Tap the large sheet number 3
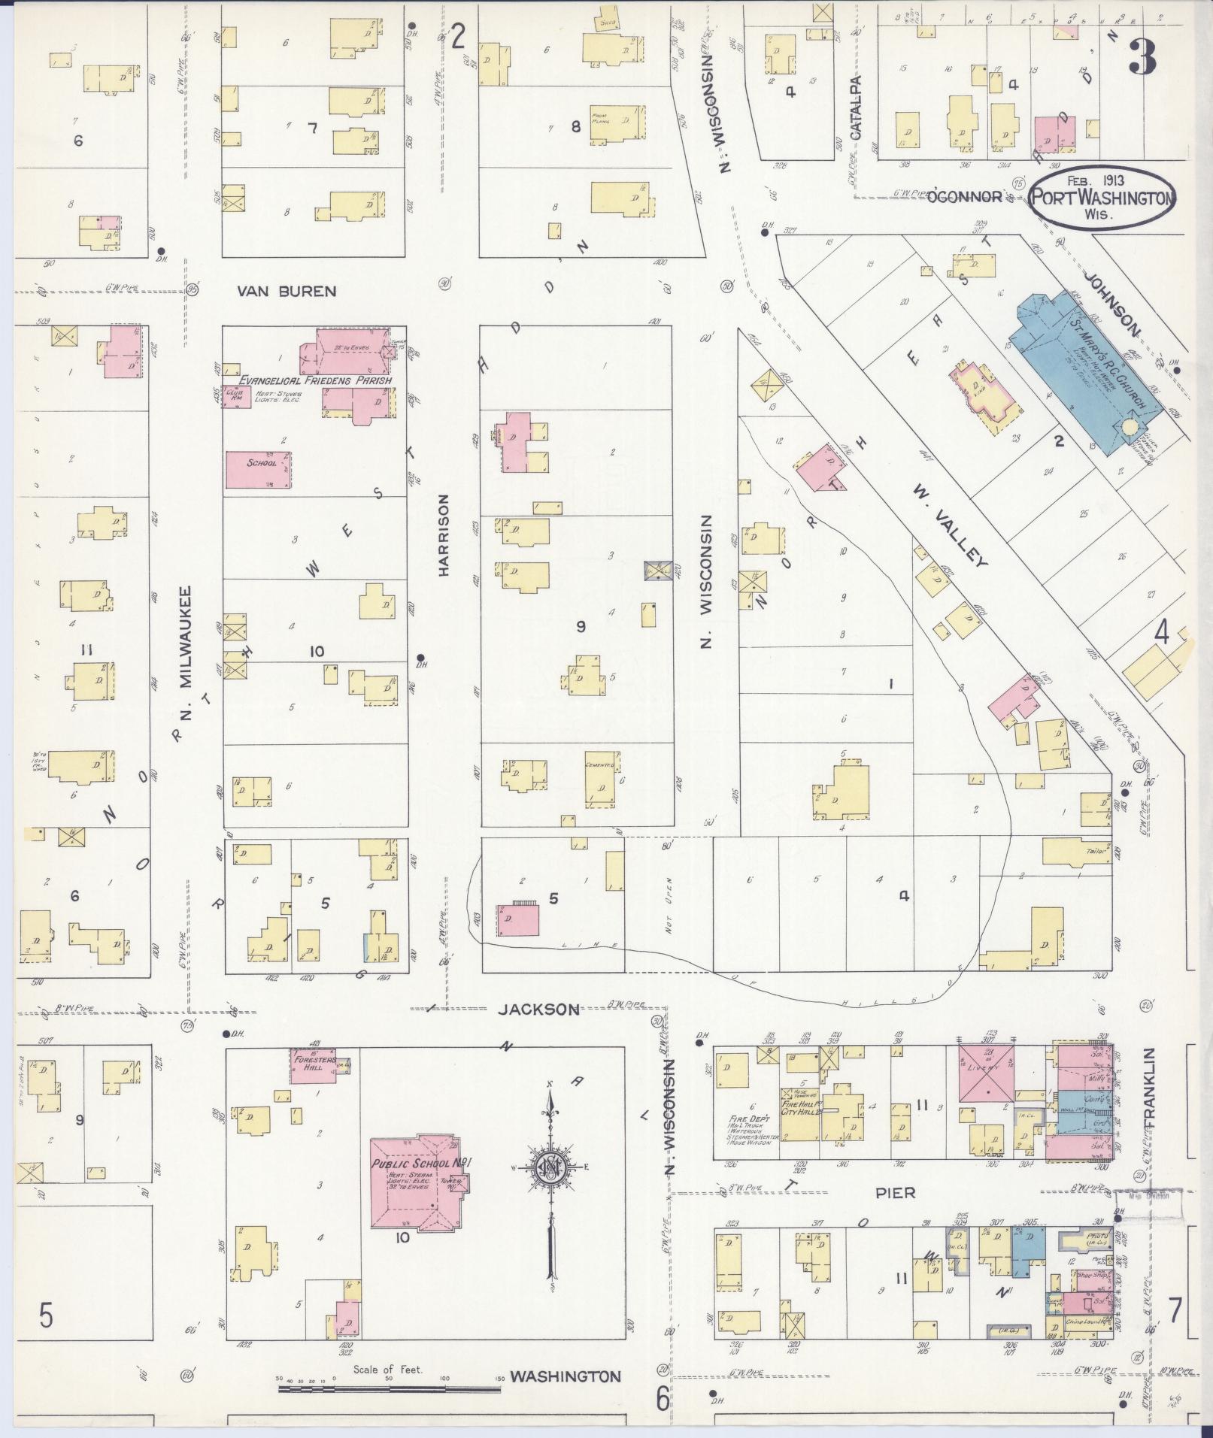tap(1142, 58)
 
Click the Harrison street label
tap(444, 535)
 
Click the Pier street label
tap(895, 1213)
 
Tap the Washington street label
tap(566, 1377)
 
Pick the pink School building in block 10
tap(259, 470)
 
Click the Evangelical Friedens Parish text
tap(315, 380)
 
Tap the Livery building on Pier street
tap(985, 1073)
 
